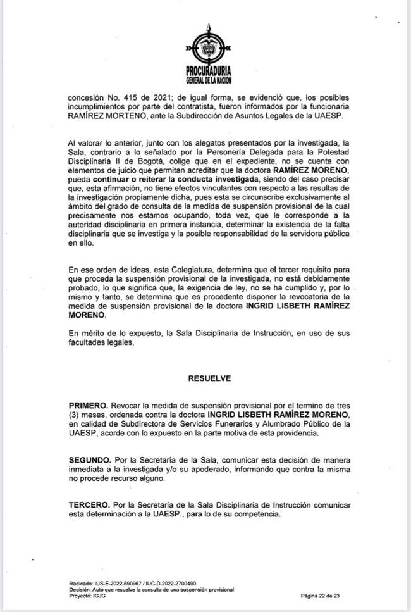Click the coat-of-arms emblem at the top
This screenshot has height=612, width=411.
coord(206,44)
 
